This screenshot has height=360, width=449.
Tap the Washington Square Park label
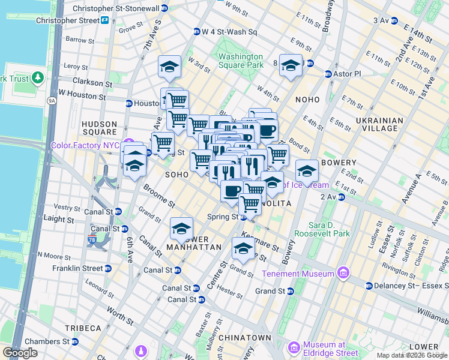(x=240, y=61)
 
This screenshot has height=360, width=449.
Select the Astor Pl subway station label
(x=348, y=74)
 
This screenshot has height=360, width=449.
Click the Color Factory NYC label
(x=85, y=145)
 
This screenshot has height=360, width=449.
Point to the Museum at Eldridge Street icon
(x=294, y=348)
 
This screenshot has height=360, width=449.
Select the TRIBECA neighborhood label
(x=83, y=328)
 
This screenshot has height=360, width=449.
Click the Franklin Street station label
(x=78, y=268)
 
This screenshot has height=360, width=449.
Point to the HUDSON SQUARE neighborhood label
(x=100, y=128)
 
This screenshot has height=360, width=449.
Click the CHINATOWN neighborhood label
(x=244, y=338)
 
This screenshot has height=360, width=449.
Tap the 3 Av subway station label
(x=381, y=20)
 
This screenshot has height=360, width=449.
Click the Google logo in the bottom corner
(x=20, y=352)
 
